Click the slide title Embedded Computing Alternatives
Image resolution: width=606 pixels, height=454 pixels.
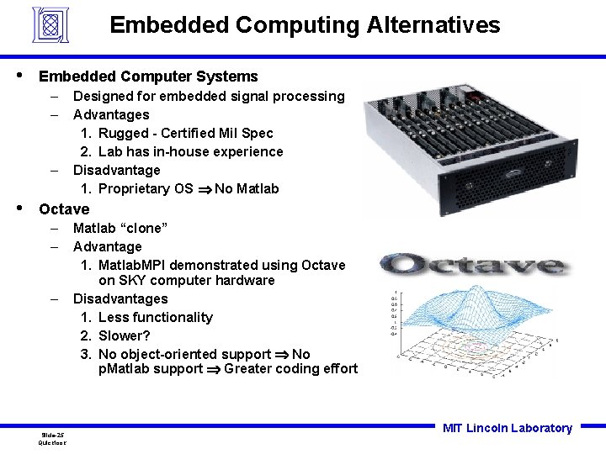(305, 25)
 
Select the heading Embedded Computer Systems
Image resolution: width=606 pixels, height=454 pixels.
(148, 77)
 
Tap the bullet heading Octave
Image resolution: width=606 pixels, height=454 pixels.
(64, 209)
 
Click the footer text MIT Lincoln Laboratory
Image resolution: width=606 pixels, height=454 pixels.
(507, 428)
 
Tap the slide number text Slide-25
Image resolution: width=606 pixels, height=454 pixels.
(52, 435)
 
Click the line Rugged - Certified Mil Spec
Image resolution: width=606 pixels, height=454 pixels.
(185, 133)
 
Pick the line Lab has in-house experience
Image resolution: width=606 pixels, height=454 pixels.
(190, 151)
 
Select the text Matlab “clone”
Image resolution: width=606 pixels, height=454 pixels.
(120, 228)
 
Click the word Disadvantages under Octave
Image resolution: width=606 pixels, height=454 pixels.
(120, 298)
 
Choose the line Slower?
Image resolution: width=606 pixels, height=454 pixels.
(124, 335)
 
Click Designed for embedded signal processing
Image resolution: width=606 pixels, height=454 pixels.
(209, 96)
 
